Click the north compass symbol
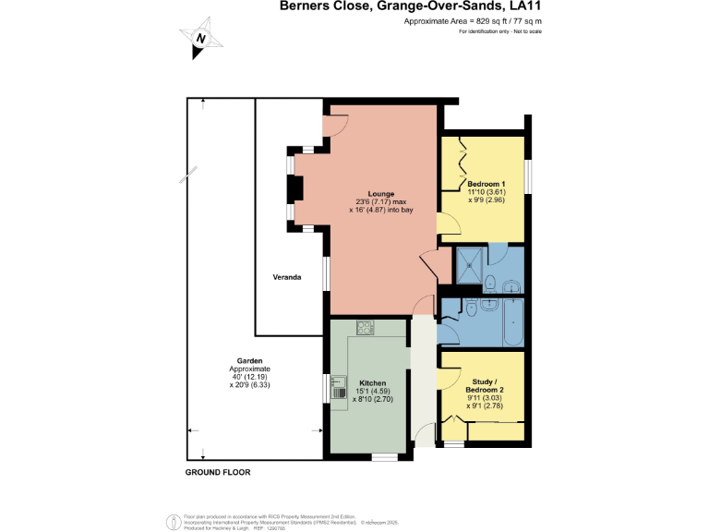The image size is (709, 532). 200,38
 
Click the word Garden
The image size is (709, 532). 250,361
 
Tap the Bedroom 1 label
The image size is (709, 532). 486,184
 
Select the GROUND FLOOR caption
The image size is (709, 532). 218,472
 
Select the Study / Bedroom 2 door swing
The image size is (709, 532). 449,378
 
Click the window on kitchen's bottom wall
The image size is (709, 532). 384,456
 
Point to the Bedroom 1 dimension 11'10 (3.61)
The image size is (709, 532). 486,192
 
